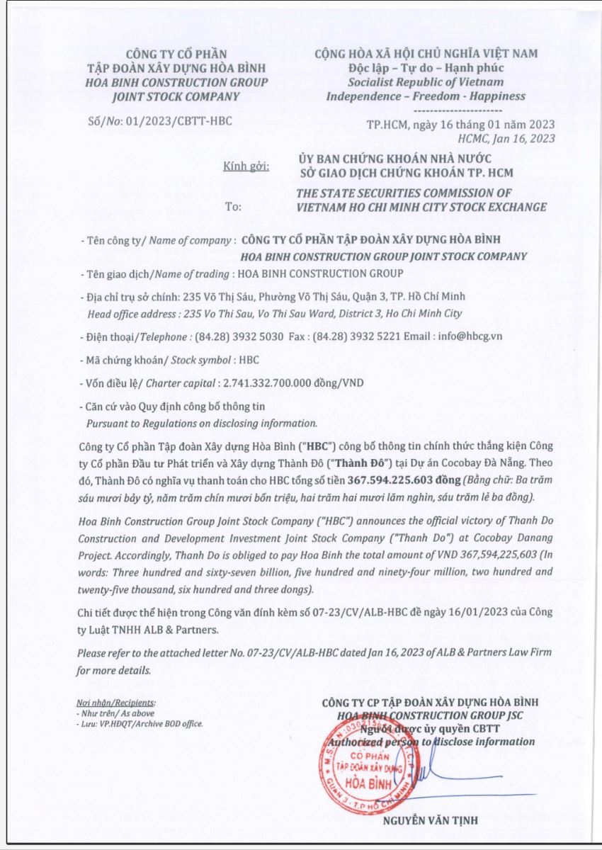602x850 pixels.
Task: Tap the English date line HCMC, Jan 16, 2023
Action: click(x=511, y=138)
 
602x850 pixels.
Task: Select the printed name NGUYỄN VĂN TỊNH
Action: click(x=430, y=821)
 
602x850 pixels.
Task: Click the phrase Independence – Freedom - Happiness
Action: click(x=426, y=96)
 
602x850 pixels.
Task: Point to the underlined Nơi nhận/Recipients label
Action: click(x=115, y=703)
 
